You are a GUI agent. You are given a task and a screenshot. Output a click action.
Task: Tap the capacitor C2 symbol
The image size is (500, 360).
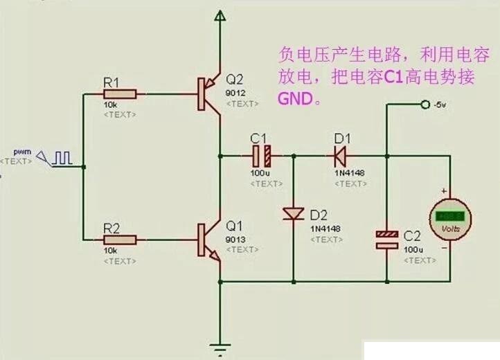click(387, 240)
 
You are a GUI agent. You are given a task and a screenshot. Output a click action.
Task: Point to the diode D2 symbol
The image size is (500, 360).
click(294, 215)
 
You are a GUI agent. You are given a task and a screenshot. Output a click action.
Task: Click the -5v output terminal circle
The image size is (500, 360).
click(425, 105)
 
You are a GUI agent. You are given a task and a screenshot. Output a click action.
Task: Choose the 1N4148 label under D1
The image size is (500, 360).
click(350, 172)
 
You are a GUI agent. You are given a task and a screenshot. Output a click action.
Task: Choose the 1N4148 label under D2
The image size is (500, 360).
click(325, 228)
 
